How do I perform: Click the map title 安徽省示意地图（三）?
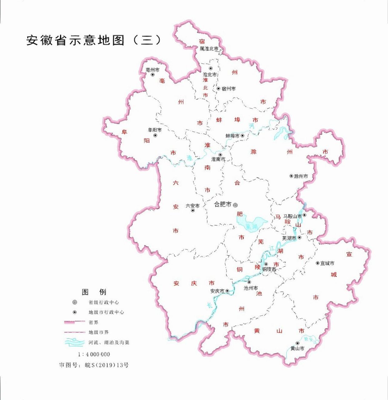(x=94, y=40)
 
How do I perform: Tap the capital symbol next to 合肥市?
(x=235, y=205)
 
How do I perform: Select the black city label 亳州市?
(x=152, y=70)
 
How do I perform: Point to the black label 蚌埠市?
(x=232, y=136)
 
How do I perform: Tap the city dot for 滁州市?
(x=291, y=176)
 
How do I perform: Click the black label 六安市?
(x=192, y=206)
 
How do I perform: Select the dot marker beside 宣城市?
(x=317, y=263)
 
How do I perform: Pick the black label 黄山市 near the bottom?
(x=297, y=348)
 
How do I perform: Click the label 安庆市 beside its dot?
(x=217, y=291)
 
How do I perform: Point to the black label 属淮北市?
(x=209, y=49)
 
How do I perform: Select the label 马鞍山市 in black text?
(x=292, y=216)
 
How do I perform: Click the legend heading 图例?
(x=94, y=292)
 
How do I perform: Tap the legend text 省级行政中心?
(x=104, y=302)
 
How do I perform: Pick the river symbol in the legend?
(x=74, y=342)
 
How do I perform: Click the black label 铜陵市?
(x=269, y=269)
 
